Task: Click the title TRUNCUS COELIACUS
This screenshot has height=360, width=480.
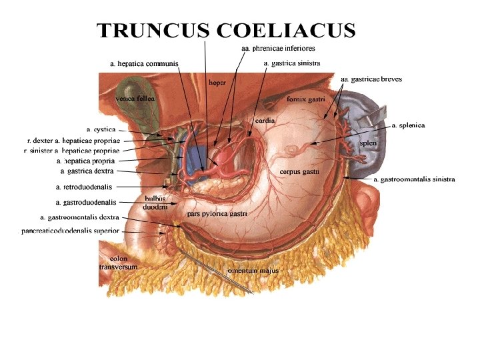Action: click(x=226, y=31)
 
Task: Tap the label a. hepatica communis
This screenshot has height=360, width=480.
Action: click(x=144, y=63)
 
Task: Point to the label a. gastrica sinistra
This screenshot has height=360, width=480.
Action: click(x=292, y=63)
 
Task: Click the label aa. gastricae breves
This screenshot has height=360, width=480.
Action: click(x=371, y=79)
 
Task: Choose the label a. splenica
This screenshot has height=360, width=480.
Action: click(x=408, y=125)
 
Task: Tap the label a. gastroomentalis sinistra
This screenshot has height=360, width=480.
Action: click(x=414, y=179)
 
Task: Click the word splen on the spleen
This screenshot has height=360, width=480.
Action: click(x=368, y=143)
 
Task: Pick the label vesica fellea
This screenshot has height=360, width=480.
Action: click(x=135, y=98)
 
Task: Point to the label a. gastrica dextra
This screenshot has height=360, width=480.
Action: click(x=87, y=171)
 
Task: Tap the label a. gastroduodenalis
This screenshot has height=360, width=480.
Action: click(x=87, y=201)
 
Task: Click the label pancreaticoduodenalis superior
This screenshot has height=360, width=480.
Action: click(x=70, y=231)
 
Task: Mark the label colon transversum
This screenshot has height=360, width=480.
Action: click(x=118, y=262)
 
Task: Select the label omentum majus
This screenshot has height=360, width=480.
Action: click(x=253, y=271)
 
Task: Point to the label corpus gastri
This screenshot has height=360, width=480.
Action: click(x=299, y=171)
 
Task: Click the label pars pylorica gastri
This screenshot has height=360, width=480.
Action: click(x=217, y=214)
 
